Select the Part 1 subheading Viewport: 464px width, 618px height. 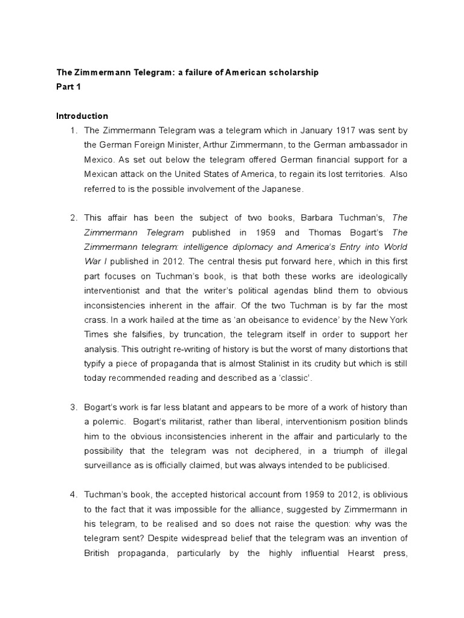[68, 87]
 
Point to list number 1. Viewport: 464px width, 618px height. [74, 130]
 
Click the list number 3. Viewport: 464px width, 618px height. [74, 407]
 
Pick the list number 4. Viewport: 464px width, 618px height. [74, 495]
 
